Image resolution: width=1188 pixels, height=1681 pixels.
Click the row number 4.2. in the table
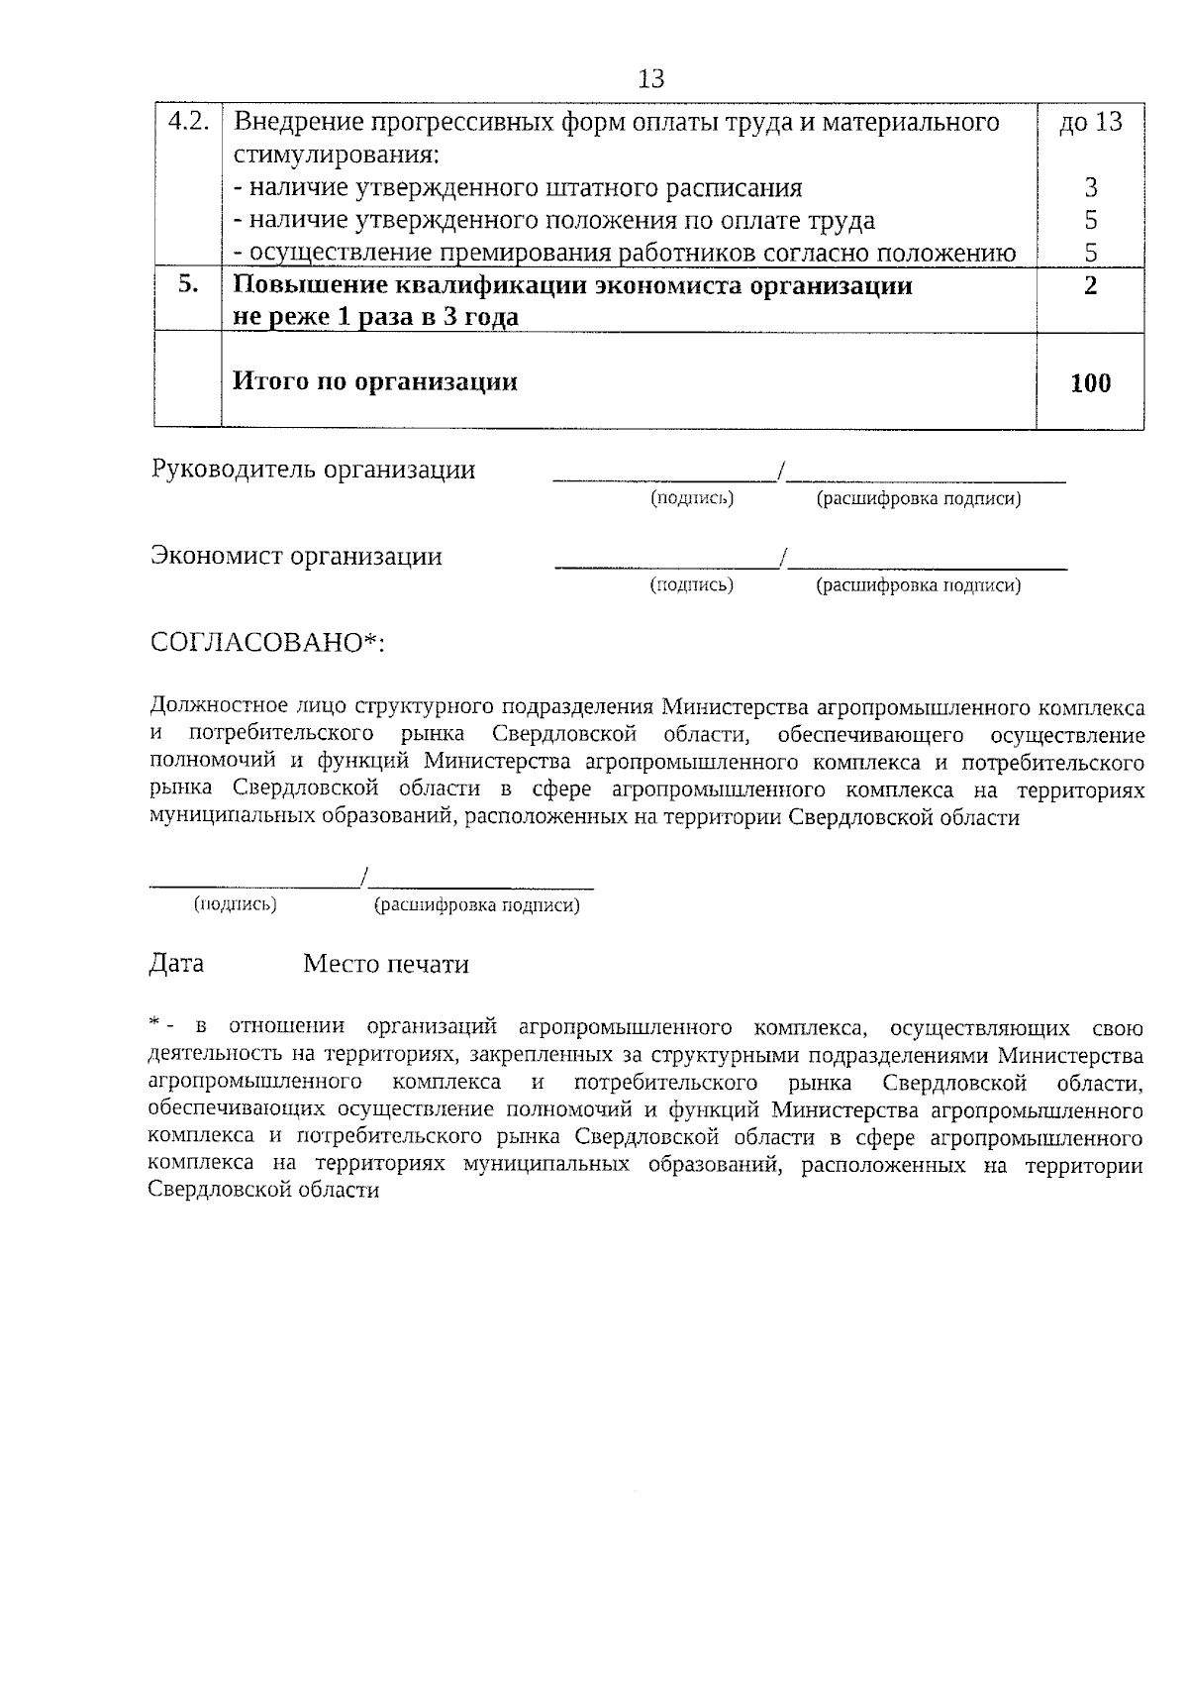(188, 123)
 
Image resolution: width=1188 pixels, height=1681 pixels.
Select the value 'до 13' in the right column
(1091, 123)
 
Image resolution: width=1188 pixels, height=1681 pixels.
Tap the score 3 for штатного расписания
(1091, 187)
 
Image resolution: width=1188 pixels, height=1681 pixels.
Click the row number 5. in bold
(188, 285)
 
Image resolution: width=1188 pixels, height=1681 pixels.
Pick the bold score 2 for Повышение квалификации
(1091, 285)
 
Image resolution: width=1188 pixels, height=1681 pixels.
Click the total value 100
(1091, 383)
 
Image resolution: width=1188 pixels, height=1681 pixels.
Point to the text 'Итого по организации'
(374, 382)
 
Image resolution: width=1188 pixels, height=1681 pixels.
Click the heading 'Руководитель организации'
(313, 470)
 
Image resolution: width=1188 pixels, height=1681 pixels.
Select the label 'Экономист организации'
(296, 557)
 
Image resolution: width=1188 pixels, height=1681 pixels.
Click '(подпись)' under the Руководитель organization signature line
(691, 498)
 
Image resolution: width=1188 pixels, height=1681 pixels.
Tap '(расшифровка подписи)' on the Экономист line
(918, 585)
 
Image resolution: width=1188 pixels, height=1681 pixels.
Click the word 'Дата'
(176, 964)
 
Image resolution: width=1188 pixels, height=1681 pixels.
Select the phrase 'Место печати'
(386, 964)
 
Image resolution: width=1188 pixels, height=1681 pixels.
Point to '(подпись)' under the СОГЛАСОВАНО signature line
(236, 904)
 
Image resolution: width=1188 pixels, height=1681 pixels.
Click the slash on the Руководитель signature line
(782, 472)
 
